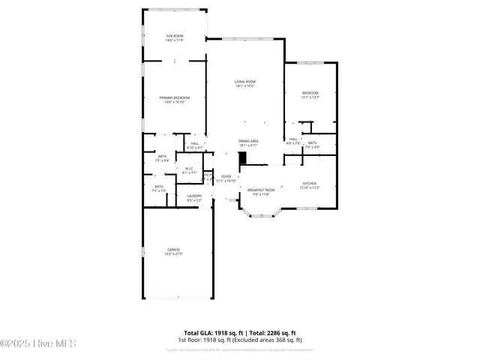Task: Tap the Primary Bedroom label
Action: pos(174,99)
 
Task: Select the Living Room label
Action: pos(245,83)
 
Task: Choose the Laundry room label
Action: pos(194,197)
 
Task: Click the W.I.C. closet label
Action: pos(190,169)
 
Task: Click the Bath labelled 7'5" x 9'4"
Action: pos(162,157)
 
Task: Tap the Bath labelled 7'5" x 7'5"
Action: pos(159,188)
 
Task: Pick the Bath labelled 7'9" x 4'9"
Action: pos(312,144)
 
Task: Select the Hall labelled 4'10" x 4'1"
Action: pos(194,145)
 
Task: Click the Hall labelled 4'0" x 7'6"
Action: pos(292,140)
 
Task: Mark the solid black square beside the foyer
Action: pos(242,158)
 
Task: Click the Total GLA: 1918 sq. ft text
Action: pos(211,333)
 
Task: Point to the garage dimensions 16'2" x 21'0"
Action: pos(173,254)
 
